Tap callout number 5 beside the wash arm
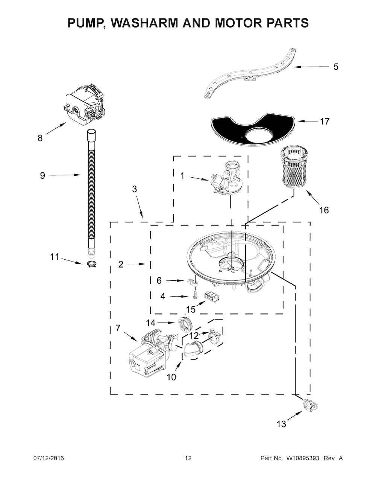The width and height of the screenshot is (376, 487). click(x=336, y=67)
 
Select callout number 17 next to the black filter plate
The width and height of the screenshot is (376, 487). click(x=325, y=122)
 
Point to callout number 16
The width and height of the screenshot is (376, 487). click(x=324, y=210)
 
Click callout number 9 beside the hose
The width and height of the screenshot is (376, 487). click(x=42, y=175)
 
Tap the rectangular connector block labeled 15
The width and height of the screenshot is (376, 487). click(x=211, y=297)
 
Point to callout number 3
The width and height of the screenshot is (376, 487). click(x=134, y=189)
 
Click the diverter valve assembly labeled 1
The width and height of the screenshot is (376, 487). click(x=226, y=179)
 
